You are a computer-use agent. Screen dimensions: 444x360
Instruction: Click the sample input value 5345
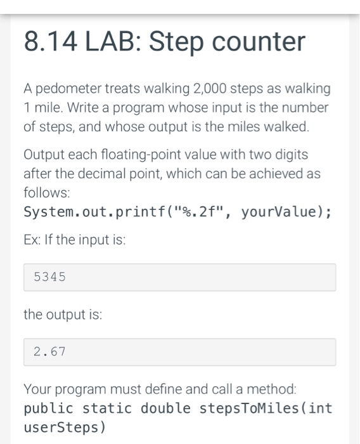(x=49, y=277)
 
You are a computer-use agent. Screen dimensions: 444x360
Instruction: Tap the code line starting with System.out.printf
(x=177, y=211)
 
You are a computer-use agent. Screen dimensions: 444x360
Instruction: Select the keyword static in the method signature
(x=106, y=408)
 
